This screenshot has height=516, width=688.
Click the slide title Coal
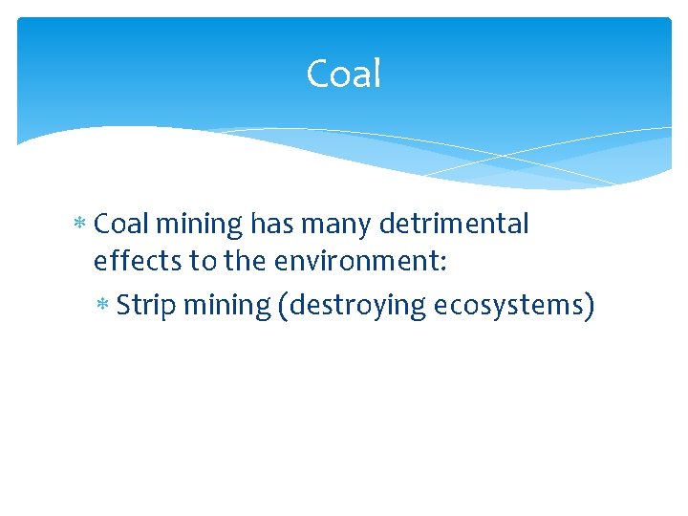coord(343,75)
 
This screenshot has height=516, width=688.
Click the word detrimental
coord(454,225)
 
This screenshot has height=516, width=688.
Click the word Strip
coord(146,306)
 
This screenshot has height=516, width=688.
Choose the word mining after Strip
coord(226,306)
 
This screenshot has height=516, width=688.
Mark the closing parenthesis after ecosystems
coord(591,306)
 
